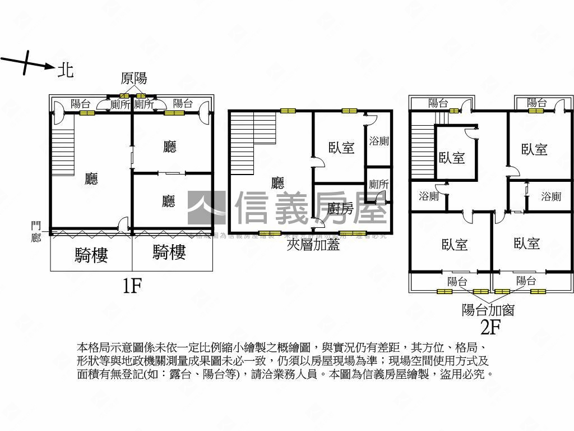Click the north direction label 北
tap(66, 70)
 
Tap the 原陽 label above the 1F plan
tap(133, 80)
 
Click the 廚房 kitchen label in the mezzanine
tap(340, 209)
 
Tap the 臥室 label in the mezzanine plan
tap(341, 148)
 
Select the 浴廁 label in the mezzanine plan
tap(379, 141)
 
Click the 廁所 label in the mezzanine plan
tap(379, 184)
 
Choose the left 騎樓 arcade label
tap(91, 255)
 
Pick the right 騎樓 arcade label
tap(169, 253)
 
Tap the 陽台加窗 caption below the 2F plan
tap(488, 309)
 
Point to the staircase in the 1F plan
tap(63, 152)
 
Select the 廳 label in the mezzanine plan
tap(277, 183)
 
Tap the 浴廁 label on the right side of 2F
tap(551, 196)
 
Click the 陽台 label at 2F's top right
tap(536, 103)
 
